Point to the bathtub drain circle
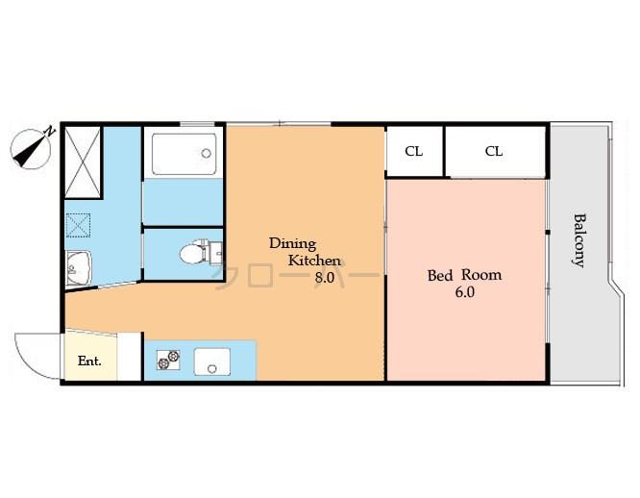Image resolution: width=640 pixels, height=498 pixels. click(x=206, y=152)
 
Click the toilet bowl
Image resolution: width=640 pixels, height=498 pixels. click(x=195, y=254)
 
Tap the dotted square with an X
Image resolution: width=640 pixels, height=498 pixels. click(x=78, y=225)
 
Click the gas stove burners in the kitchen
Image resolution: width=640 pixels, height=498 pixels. click(x=168, y=361)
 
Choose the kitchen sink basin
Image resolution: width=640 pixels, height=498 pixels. click(x=211, y=361)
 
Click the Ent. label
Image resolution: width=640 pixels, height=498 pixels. click(x=89, y=361)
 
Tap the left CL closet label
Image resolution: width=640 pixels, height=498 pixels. click(x=413, y=151)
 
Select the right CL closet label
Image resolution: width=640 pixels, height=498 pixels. click(x=494, y=151)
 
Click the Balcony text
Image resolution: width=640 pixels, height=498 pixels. click(x=579, y=239)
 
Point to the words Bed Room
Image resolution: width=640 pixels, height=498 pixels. click(x=464, y=275)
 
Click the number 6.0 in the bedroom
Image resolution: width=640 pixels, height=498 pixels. click(x=464, y=292)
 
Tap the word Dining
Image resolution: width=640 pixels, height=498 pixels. click(x=292, y=243)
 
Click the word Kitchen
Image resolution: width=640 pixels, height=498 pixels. click(x=315, y=261)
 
